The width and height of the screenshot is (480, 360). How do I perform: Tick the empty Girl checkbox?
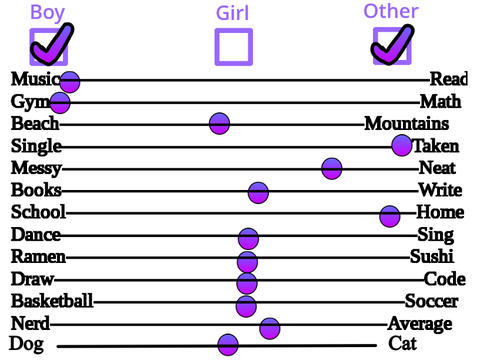coord(233,47)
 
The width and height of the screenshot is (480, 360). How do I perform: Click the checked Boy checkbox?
coord(49,47)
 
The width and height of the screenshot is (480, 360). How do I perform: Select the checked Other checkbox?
coord(392,46)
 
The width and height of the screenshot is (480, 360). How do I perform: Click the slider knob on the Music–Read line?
coord(70,82)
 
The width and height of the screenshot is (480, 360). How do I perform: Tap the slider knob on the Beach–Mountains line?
coord(219,123)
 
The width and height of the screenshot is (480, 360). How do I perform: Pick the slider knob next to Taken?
coord(402,145)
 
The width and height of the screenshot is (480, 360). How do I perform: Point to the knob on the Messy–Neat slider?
coord(332,169)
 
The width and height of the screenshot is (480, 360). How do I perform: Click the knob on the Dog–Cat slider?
coord(228,345)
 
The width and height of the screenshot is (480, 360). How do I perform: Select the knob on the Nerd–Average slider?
coord(270,329)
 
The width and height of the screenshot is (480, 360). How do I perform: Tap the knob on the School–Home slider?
coord(389,216)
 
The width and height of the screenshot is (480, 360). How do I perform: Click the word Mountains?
coord(407,123)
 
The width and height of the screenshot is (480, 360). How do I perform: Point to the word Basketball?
coord(52,301)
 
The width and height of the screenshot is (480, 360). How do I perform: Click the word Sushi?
coord(432,256)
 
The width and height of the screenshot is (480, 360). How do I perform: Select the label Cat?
coord(403,343)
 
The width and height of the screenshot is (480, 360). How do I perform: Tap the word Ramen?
coord(38,257)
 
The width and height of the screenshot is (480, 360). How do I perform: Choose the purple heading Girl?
coord(232,13)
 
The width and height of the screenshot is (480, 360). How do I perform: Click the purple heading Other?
coord(391,11)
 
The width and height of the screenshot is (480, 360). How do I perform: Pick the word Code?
coord(445,279)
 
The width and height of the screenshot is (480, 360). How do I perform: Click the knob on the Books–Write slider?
coord(258,193)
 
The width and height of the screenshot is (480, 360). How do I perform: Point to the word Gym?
coord(30,102)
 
